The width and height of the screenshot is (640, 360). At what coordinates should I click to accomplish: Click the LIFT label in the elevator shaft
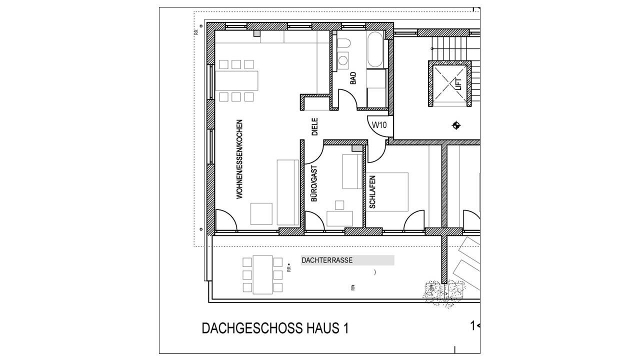pyautogui.click(x=457, y=83)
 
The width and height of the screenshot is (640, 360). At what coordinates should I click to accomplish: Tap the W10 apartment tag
pyautogui.click(x=378, y=125)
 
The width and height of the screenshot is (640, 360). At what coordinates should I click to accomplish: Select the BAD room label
pyautogui.click(x=353, y=78)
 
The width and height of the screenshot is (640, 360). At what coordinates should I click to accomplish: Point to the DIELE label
pyautogui.click(x=315, y=127)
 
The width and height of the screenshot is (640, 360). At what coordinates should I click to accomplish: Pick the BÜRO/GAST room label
pyautogui.click(x=314, y=183)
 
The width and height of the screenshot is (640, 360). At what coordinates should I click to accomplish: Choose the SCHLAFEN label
pyautogui.click(x=372, y=191)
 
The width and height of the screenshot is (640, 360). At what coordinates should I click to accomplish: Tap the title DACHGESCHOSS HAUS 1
pyautogui.click(x=275, y=328)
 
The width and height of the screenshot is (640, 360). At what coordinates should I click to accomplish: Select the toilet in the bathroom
pyautogui.click(x=343, y=45)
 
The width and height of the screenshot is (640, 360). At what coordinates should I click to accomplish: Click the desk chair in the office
pyautogui.click(x=339, y=204)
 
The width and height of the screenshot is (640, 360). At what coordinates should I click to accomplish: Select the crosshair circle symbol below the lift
pyautogui.click(x=456, y=125)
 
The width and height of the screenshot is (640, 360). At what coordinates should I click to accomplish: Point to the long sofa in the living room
pyautogui.click(x=288, y=192)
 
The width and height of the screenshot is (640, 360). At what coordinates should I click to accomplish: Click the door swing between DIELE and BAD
pyautogui.click(x=346, y=98)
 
